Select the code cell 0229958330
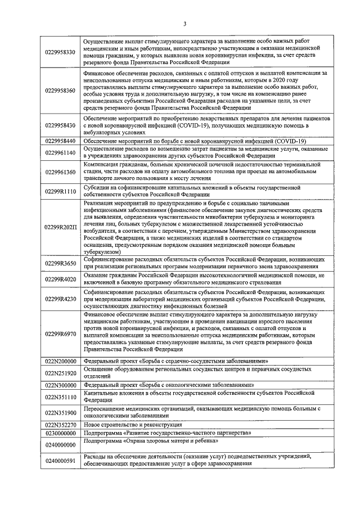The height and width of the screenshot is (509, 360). coord(60,52)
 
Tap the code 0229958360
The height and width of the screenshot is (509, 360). coord(60,91)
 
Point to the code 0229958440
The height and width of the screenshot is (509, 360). coord(60,141)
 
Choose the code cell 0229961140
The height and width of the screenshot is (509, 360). coord(60,152)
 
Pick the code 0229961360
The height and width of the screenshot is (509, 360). coord(60,172)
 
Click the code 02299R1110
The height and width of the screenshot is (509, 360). coord(60,191)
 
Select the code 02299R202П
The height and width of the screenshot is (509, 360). coord(60,228)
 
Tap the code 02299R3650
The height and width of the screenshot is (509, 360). coord(60,263)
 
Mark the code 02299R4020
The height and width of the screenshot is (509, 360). coord(60,279)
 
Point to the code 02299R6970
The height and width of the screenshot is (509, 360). coord(60,334)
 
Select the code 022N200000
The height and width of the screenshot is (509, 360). coord(60,361)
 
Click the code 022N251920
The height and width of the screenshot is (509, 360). coord(60,372)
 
